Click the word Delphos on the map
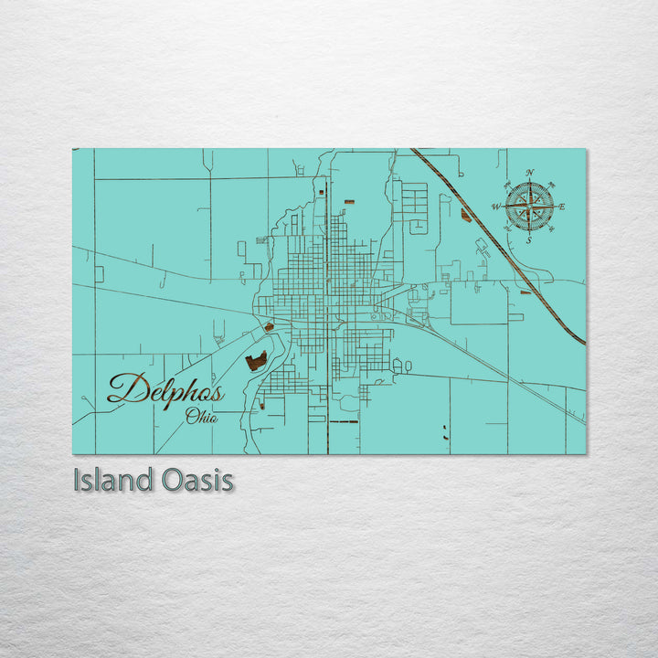[x=165, y=389]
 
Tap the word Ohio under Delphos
[x=201, y=418]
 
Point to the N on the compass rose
[x=530, y=173]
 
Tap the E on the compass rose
[x=562, y=207]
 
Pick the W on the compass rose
[x=496, y=207]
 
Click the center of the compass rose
[x=529, y=207]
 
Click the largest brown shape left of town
[x=256, y=361]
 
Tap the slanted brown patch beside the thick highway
[x=467, y=216]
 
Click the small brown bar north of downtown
[x=348, y=201]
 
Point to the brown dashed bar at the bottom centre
[x=343, y=422]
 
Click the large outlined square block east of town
[x=479, y=302]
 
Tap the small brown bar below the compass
[x=525, y=292]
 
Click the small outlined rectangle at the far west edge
[x=99, y=273]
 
